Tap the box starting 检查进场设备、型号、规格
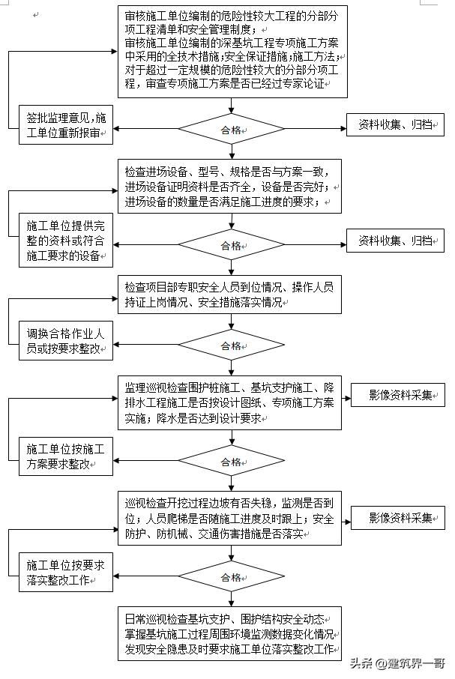pyautogui.click(x=229, y=186)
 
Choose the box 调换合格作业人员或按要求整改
pyautogui.click(x=66, y=341)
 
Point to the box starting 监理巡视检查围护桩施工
pyautogui.click(x=229, y=402)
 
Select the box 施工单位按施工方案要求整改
pyautogui.click(x=66, y=456)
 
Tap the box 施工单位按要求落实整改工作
pyautogui.click(x=66, y=573)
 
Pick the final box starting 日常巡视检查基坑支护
pyautogui.click(x=229, y=633)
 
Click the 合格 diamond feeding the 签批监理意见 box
pyautogui.click(x=231, y=130)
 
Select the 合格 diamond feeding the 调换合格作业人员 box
pyautogui.click(x=231, y=345)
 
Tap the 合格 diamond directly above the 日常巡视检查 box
pyautogui.click(x=231, y=577)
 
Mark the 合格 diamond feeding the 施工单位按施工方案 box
pyautogui.click(x=231, y=462)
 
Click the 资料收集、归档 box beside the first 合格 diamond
pyautogui.click(x=395, y=124)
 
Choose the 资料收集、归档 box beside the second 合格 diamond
pyautogui.click(x=395, y=241)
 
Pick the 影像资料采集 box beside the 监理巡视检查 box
pyautogui.click(x=398, y=395)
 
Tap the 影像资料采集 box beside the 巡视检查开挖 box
pyautogui.click(x=398, y=518)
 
